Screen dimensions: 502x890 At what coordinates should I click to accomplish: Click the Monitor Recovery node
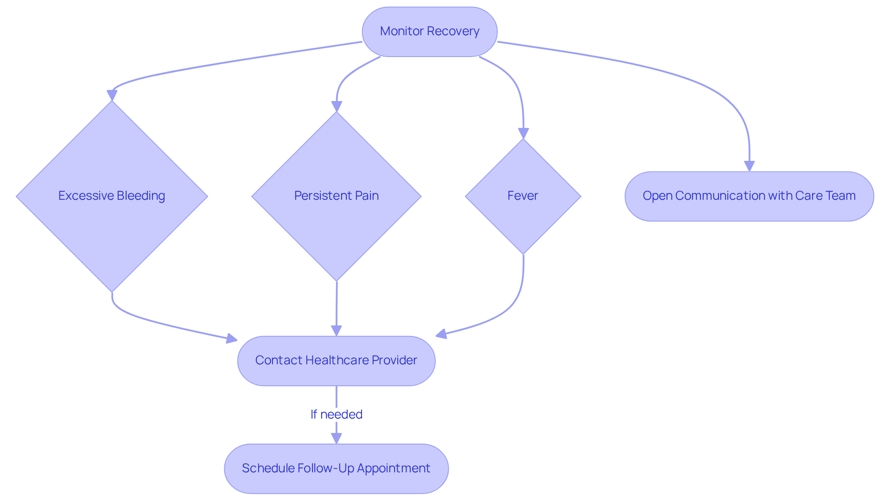tap(429, 32)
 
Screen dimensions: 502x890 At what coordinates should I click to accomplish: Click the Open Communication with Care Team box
tap(749, 196)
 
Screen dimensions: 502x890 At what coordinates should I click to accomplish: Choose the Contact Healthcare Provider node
tap(336, 361)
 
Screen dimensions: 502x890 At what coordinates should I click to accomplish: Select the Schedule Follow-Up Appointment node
tap(336, 468)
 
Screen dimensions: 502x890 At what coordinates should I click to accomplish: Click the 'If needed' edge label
tap(336, 414)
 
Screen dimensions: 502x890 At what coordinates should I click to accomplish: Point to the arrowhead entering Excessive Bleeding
tap(112, 95)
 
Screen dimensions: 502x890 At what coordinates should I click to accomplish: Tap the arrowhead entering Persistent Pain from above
tap(337, 107)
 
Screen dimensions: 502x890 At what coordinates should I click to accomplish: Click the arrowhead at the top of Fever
tap(523, 133)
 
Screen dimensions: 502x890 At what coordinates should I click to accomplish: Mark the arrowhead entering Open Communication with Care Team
tap(749, 166)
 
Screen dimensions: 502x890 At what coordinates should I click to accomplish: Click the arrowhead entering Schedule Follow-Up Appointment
tap(336, 438)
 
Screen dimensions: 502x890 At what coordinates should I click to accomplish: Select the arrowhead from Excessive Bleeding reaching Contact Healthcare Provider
tap(231, 339)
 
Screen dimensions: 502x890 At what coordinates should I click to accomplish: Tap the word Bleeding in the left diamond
tap(141, 196)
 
